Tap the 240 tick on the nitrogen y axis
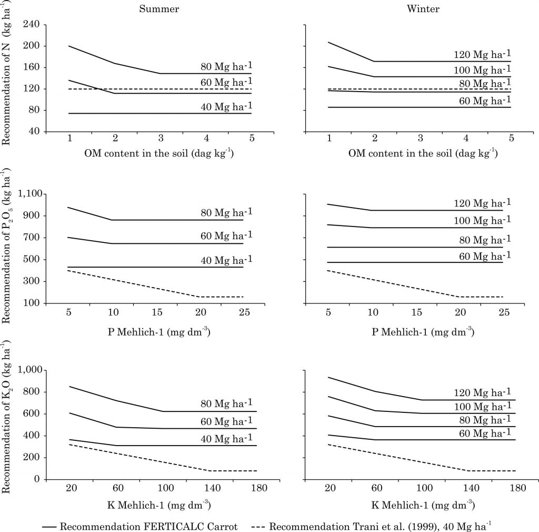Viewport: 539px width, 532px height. click(33, 24)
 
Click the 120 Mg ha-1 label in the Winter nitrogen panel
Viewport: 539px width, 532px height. click(482, 55)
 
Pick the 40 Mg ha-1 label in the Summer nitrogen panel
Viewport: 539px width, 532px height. click(226, 107)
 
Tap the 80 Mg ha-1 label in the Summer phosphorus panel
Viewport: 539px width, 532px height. click(226, 212)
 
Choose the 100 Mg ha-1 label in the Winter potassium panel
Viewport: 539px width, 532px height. click(482, 407)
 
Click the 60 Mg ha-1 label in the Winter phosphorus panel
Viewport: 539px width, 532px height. click(482, 255)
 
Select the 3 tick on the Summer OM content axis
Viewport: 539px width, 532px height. click(161, 139)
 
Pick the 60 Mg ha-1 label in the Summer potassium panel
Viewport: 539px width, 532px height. click(226, 420)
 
